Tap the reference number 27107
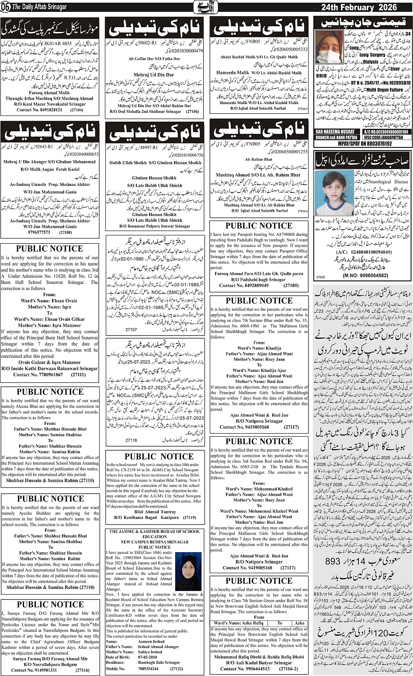click(131, 330)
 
